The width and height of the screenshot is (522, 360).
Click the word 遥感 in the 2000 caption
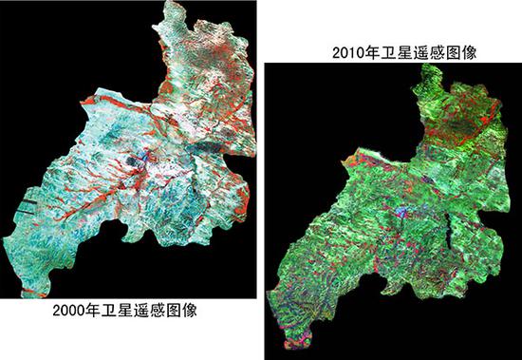[x=156, y=310]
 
